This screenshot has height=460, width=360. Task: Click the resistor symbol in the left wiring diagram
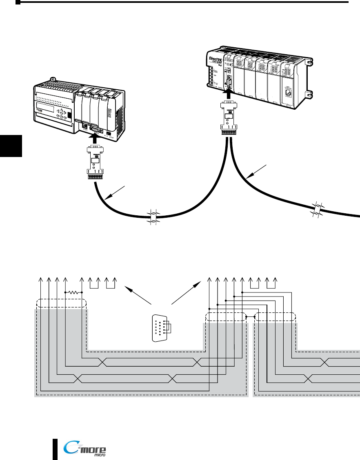[x=74, y=292]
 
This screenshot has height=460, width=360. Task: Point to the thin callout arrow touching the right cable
[x=257, y=171]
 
